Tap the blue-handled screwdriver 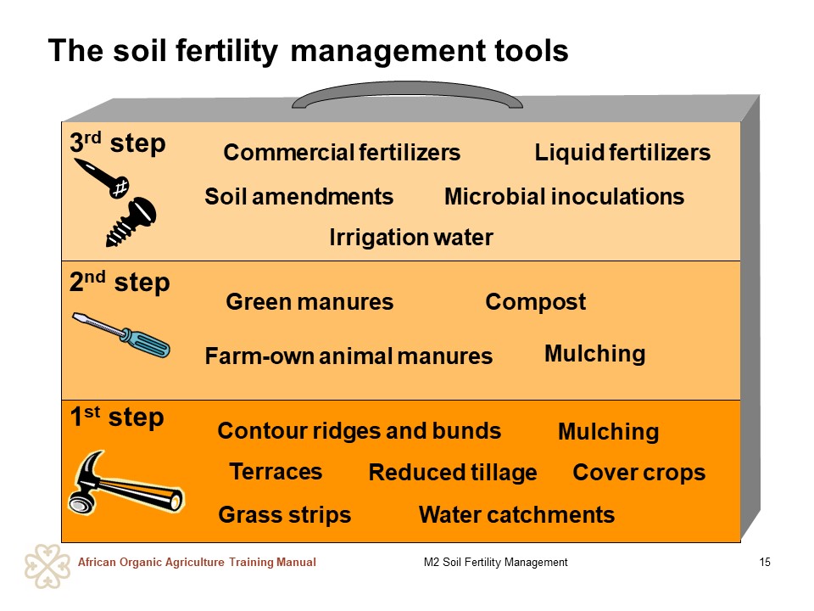(121, 335)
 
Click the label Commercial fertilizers (342, 153)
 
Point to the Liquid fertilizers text (622, 153)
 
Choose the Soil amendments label (299, 197)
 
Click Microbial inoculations (565, 197)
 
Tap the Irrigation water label (411, 238)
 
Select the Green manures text (309, 302)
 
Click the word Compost (535, 303)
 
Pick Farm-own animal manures (348, 356)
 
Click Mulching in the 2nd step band (595, 355)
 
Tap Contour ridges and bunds (360, 431)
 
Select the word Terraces (276, 473)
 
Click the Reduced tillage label (453, 474)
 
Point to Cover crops (639, 474)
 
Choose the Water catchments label (516, 515)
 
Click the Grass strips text (285, 515)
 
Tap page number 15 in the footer (765, 562)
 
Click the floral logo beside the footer (47, 566)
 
